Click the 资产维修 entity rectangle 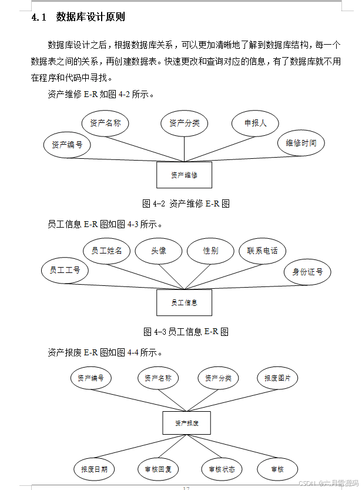coord(184,175)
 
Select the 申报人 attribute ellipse coord(255,123)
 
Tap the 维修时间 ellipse coord(301,143)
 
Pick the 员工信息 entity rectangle coord(184,302)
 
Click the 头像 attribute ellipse coord(159,251)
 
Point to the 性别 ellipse coord(210,251)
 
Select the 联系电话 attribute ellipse coord(262,251)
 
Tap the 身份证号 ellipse coord(307,272)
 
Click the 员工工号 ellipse coord(65,270)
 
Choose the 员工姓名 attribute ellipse coord(106,251)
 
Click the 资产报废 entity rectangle coord(186,423)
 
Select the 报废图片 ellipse coord(277,378)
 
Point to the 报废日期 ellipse coord(94,469)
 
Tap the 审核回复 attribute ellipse coord(157,469)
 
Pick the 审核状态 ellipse coord(222,469)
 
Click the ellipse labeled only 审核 coord(277,469)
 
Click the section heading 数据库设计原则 coord(90,17)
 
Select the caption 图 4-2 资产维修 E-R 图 coord(186,204)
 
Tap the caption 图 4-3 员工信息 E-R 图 coord(186,332)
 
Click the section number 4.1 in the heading coord(39,17)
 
